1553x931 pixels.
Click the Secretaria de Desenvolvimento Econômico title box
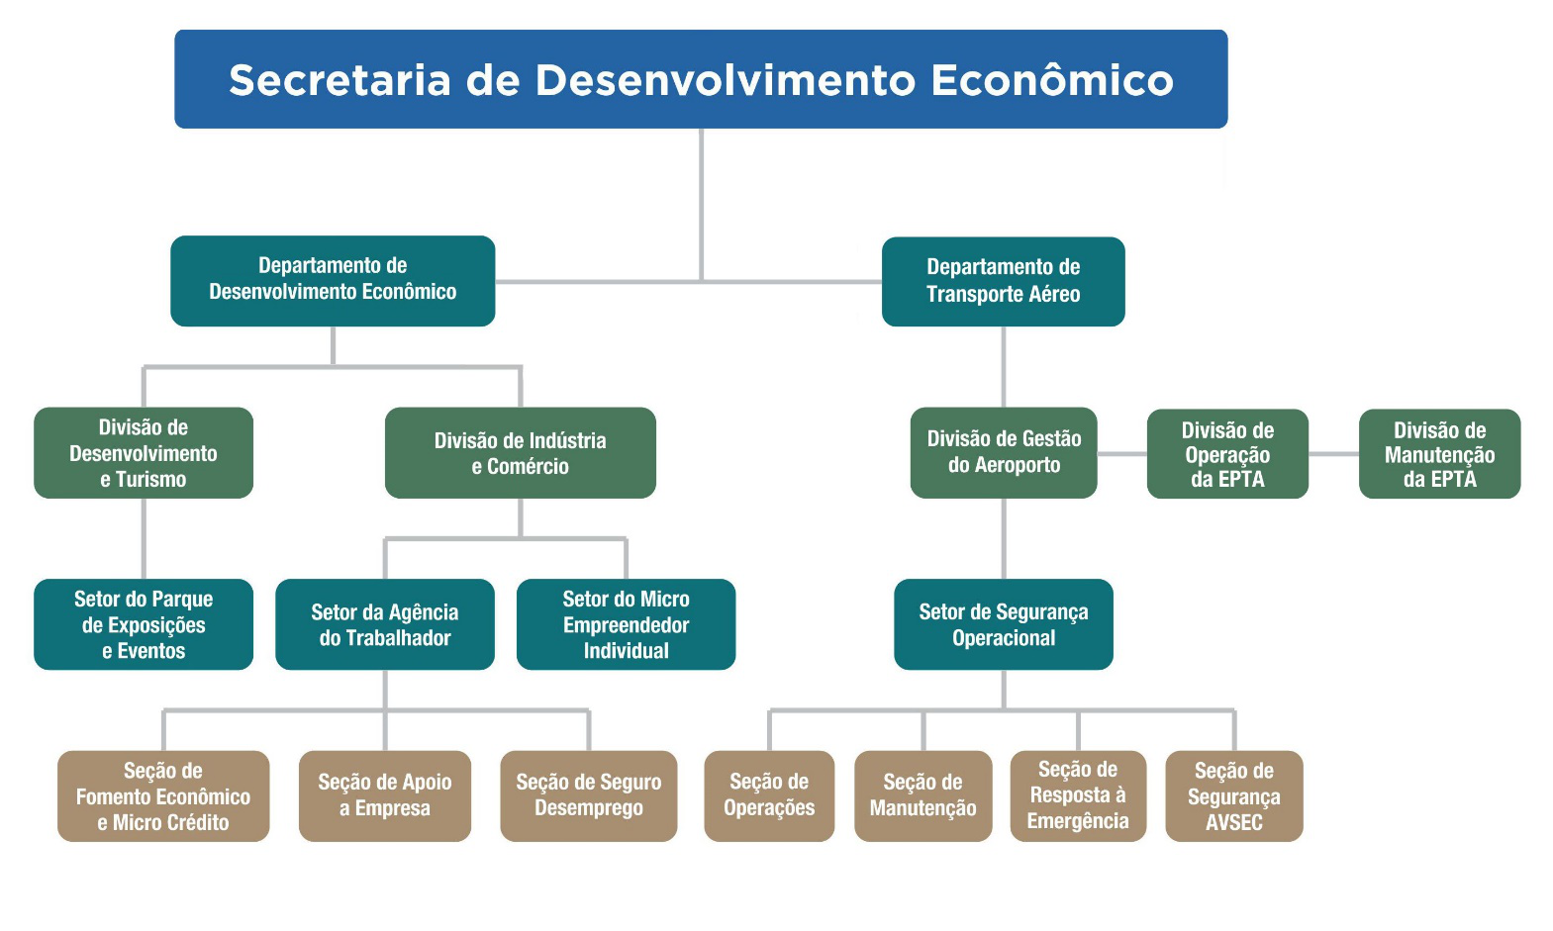701,79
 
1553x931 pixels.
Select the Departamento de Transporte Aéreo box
1003,281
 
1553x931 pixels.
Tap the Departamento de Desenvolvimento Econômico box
333,280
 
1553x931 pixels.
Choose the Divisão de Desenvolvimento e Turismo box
144,453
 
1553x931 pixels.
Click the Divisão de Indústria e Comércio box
520,453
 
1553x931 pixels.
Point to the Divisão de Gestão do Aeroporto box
1003,453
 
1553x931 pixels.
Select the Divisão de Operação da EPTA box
1227,454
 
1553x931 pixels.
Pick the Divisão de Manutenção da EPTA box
1439,454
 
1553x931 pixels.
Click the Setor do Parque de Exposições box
144,624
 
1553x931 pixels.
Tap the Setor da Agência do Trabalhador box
384,624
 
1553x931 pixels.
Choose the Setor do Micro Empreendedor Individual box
626,624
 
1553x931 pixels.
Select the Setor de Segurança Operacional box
1003,624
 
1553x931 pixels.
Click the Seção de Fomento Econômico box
163,796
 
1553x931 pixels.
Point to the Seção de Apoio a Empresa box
384,796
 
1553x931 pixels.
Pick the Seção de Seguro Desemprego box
588,796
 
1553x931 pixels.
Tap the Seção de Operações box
769,796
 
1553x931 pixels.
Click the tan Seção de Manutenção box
922,796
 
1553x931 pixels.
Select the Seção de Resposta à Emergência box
1078,796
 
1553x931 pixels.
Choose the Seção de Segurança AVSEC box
1233,796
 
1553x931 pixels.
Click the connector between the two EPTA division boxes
1333,454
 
